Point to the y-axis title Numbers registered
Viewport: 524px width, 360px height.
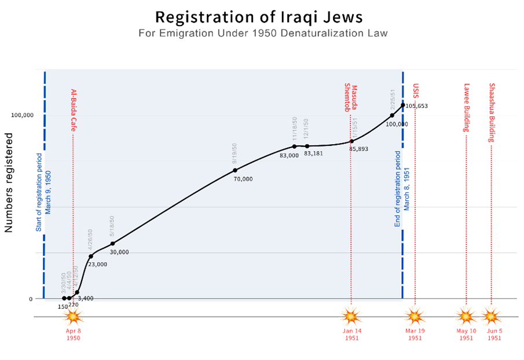(x=9, y=182)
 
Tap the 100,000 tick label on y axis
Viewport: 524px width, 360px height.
(x=22, y=115)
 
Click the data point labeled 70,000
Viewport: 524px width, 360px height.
(x=235, y=170)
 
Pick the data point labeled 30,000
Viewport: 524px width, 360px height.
(x=113, y=244)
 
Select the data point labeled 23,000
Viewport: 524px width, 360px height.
(x=91, y=256)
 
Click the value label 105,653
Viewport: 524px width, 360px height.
(x=416, y=106)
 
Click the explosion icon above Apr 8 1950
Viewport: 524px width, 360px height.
(x=73, y=317)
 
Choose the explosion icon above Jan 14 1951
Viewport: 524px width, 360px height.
(x=351, y=317)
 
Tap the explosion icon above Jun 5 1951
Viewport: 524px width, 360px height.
(x=491, y=317)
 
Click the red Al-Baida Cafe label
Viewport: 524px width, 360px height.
(x=74, y=110)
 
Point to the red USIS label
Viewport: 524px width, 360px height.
(x=415, y=91)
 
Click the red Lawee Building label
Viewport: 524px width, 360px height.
(x=466, y=108)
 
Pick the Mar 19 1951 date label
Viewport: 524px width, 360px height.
(x=415, y=335)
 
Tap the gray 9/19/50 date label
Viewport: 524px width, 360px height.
(x=235, y=153)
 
